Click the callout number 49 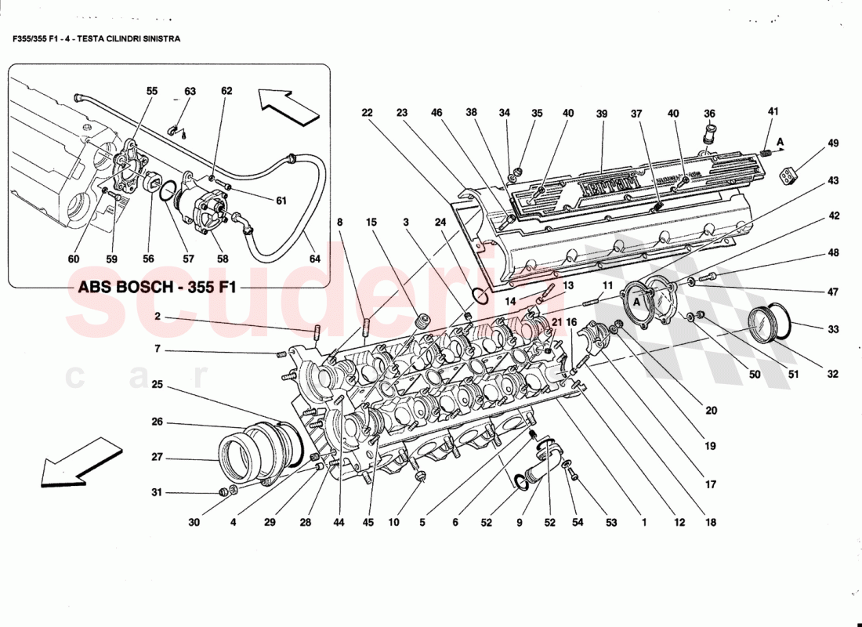[x=832, y=143]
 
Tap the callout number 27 [x=158, y=458]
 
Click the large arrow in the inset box [x=284, y=106]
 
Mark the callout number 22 [x=367, y=113]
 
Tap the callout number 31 [x=158, y=493]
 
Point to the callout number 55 [x=152, y=91]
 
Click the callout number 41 [x=773, y=112]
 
